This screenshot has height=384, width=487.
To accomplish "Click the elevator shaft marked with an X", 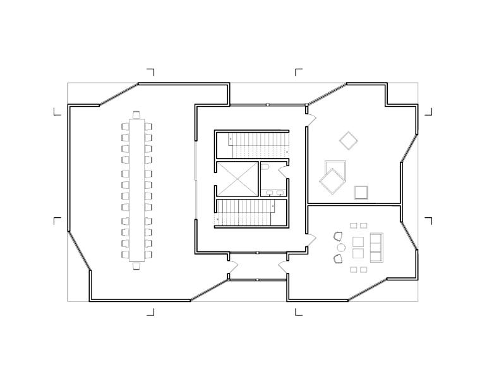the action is click(x=237, y=180).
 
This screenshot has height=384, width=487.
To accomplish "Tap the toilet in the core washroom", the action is click(x=266, y=167).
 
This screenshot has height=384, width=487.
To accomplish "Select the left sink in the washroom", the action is click(x=269, y=193).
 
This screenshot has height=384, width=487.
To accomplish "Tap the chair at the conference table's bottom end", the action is click(x=136, y=266).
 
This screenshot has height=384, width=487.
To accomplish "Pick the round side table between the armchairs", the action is click(x=340, y=247).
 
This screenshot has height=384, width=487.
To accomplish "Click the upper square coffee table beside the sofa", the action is click(x=358, y=241).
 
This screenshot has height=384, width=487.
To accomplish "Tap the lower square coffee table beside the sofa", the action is click(x=358, y=253).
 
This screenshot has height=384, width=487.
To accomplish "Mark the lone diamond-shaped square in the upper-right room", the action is click(x=348, y=140).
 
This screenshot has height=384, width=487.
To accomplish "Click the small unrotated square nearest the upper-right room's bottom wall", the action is click(x=361, y=192).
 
